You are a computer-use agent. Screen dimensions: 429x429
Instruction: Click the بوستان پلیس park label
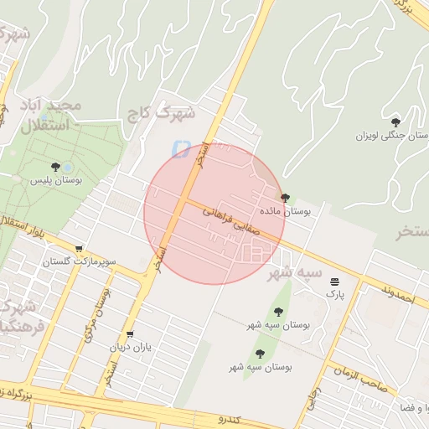coord(54,180)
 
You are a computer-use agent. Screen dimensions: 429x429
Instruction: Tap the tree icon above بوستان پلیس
coord(55,167)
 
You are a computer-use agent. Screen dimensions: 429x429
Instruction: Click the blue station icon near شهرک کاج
coord(178,148)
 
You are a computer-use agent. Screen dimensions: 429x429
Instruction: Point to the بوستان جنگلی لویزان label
coord(391,135)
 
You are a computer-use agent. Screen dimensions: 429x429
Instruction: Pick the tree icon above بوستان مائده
coord(286,199)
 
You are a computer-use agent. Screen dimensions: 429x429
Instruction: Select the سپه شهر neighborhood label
coord(294,272)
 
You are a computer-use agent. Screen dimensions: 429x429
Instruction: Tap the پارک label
coord(334,294)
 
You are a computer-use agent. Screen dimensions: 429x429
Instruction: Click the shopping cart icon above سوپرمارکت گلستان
coord(79,249)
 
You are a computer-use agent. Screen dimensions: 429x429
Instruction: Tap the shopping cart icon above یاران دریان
coord(129,333)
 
